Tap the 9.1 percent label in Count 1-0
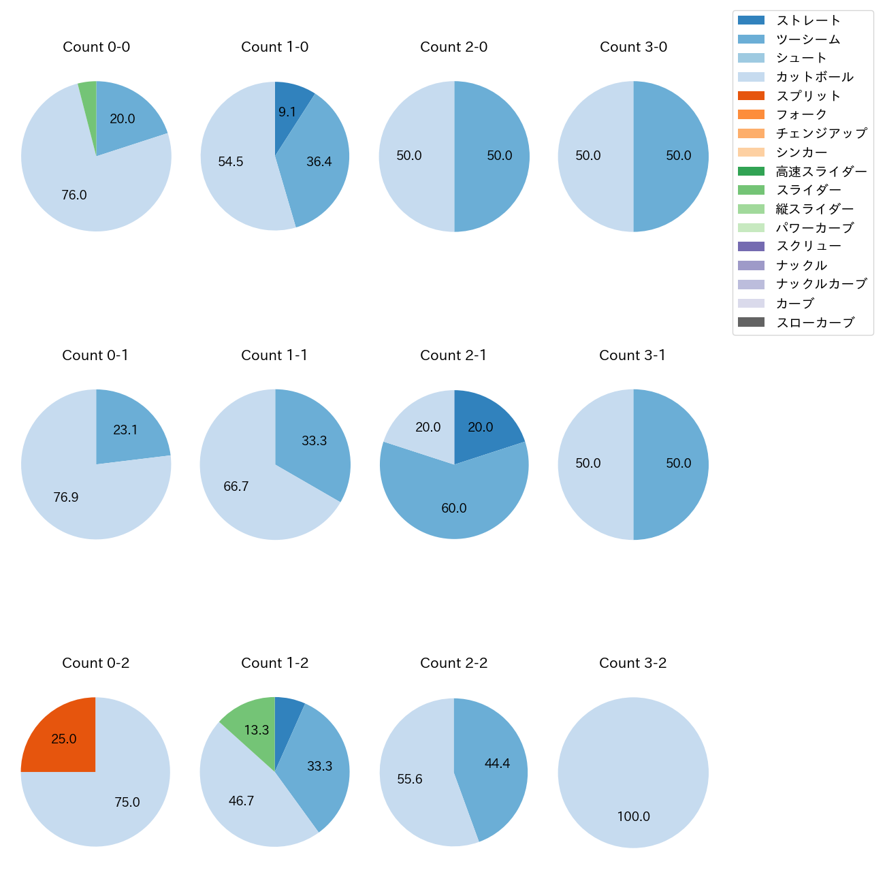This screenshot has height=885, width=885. tap(287, 112)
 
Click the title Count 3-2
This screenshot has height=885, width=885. tap(632, 663)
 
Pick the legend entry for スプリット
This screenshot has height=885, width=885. tap(808, 96)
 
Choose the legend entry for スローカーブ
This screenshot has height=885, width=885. tap(815, 323)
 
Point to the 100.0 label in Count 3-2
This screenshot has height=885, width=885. tap(633, 816)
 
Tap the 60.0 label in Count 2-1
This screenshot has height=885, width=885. tap(454, 509)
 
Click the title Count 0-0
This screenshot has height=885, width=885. tap(96, 47)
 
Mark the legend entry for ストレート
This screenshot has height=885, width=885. tap(808, 20)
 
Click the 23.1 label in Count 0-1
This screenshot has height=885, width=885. tap(125, 430)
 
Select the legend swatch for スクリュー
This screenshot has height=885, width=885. tap(751, 246)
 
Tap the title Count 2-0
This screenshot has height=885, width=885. tap(453, 47)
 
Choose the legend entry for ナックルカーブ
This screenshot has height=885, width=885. tap(821, 285)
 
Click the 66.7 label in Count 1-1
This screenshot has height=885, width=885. tap(236, 487)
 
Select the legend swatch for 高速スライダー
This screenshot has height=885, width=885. tap(751, 171)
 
